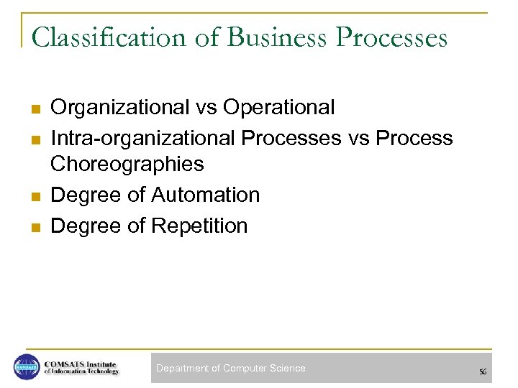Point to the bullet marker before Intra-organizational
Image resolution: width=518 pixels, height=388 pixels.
(33, 139)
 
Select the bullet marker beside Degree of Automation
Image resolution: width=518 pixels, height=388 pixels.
(33, 196)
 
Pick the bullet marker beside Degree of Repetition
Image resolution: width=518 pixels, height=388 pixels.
(33, 227)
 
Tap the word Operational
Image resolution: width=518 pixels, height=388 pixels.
(279, 108)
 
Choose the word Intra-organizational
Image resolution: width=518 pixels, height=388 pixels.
(143, 137)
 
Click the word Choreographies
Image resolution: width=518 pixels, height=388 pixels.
(127, 165)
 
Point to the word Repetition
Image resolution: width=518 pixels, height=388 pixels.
(199, 226)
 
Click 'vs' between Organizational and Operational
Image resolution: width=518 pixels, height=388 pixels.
(206, 108)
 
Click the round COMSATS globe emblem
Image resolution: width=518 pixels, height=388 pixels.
(27, 367)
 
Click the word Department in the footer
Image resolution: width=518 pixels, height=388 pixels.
(182, 368)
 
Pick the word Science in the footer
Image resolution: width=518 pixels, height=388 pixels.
(287, 368)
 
